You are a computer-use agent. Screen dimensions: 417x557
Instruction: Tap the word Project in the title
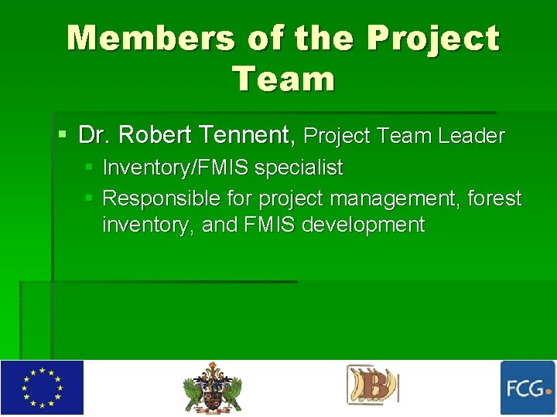(x=433, y=39)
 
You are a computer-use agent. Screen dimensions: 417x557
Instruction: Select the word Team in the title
(x=283, y=79)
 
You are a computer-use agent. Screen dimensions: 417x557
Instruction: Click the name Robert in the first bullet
(x=155, y=136)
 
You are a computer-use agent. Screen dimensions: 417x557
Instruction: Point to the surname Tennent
(x=247, y=136)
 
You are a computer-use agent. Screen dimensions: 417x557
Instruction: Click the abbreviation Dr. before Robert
(x=96, y=136)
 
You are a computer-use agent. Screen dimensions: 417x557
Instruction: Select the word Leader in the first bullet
(x=471, y=137)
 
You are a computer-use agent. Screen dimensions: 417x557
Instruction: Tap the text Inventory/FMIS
(x=176, y=168)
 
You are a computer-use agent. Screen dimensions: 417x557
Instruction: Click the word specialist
(x=299, y=168)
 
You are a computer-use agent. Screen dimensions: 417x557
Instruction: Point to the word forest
(x=495, y=199)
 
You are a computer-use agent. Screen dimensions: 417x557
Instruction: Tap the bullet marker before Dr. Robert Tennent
(x=62, y=136)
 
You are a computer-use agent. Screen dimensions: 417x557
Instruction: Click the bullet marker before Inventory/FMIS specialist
(x=89, y=167)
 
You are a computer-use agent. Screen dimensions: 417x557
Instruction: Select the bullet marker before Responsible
(x=89, y=198)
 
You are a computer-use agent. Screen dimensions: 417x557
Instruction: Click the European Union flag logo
(x=42, y=388)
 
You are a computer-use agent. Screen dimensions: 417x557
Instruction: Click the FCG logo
(x=528, y=388)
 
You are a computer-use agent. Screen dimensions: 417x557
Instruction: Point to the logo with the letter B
(x=373, y=386)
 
